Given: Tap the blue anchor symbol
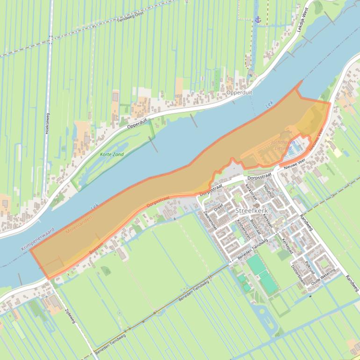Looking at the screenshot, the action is tap(258, 19).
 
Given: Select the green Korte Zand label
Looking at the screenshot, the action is tap(112, 154).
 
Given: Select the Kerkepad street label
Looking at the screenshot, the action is tap(287, 245).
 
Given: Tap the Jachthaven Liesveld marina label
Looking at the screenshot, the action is tap(282, 144).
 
